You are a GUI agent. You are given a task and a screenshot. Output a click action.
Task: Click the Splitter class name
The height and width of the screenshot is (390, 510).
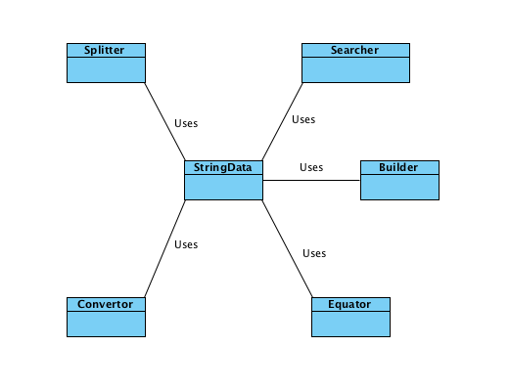click(x=106, y=50)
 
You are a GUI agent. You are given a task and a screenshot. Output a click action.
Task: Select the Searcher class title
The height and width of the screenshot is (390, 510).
click(x=354, y=50)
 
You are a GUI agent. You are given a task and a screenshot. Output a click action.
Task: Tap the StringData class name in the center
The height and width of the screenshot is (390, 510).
click(x=223, y=167)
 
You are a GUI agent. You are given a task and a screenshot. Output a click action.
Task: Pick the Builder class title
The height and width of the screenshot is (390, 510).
click(x=399, y=167)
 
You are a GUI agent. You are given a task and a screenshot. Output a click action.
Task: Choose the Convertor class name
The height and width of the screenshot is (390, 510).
click(x=106, y=304)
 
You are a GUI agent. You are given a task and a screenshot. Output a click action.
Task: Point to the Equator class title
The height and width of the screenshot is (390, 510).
click(x=350, y=304)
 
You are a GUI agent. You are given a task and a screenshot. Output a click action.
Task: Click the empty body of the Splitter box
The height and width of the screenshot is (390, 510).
click(x=106, y=69)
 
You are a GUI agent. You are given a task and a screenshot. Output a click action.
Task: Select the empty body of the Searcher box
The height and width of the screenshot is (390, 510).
click(x=354, y=69)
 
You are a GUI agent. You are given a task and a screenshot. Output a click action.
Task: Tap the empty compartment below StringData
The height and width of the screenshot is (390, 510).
click(x=223, y=187)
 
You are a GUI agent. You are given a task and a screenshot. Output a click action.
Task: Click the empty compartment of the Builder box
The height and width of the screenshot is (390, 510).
click(x=399, y=187)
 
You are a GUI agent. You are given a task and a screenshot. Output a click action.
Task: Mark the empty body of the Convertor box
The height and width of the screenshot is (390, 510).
click(x=106, y=324)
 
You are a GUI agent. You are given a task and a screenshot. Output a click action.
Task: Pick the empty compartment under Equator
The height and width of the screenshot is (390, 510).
click(x=350, y=324)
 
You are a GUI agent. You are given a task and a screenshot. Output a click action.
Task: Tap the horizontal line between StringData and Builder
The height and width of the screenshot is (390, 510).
click(x=311, y=181)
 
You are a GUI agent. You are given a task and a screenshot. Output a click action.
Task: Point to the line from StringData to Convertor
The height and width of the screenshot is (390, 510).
click(x=164, y=249)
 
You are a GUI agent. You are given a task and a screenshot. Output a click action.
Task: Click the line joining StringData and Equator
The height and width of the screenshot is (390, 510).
click(x=287, y=248)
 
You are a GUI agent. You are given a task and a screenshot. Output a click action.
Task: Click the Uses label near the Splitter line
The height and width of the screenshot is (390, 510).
click(x=186, y=124)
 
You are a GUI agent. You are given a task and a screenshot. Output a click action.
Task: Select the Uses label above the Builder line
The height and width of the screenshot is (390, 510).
click(x=311, y=167)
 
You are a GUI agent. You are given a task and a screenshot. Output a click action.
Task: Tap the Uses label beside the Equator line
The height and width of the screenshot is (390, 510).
click(x=314, y=253)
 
